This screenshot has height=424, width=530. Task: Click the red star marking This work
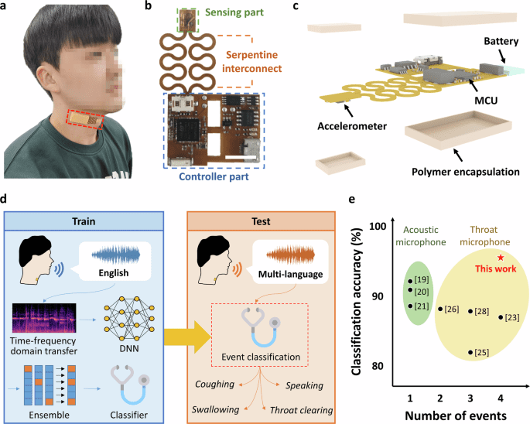tap(501, 258)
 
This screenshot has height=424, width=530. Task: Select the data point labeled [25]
tap(470, 352)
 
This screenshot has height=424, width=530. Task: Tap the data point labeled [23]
tap(501, 317)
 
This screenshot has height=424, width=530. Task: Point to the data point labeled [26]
tap(440, 309)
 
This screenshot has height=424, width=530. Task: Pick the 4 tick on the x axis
tap(501, 397)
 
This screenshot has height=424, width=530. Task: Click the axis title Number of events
tap(455, 414)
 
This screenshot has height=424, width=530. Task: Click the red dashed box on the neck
tap(84, 118)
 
